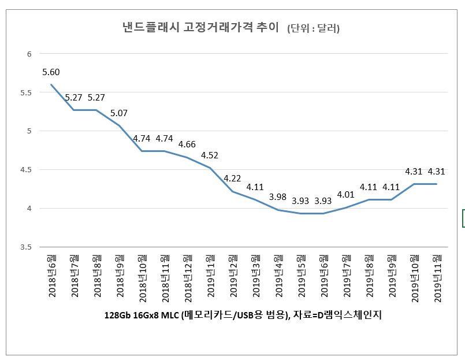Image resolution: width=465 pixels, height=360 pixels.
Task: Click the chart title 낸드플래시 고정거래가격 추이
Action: [x=201, y=28]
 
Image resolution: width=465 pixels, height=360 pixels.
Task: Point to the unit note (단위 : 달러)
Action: [x=313, y=28]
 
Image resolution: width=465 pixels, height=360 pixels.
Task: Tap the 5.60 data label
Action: [x=51, y=72]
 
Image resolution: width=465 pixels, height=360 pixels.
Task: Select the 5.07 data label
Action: [x=119, y=113]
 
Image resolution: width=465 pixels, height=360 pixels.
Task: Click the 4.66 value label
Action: [x=187, y=144]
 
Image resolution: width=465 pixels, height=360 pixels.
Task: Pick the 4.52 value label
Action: [x=210, y=155]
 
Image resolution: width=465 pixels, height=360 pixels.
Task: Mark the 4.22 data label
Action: [x=232, y=179]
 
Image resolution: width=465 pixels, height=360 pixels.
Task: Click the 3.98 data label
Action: [x=278, y=197]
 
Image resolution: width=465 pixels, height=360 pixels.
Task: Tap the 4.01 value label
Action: [x=346, y=195]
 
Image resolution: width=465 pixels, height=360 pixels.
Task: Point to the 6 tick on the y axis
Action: [x=29, y=54]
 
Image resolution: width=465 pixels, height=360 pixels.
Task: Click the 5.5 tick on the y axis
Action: [x=26, y=92]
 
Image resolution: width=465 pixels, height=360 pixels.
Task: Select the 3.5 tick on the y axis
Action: [x=26, y=247]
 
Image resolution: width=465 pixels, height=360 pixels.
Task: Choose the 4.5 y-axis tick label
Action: [x=26, y=170]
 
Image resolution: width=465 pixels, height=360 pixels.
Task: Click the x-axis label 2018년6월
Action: [x=52, y=276]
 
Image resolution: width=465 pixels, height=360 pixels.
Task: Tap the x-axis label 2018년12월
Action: [x=188, y=279]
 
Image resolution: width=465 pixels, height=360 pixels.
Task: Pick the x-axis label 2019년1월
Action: [x=211, y=276]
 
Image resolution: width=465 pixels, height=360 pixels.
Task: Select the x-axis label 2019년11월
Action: [x=438, y=279]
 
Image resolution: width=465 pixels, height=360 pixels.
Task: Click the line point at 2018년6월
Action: [x=51, y=84]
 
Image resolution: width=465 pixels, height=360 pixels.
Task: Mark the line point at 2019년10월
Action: [x=414, y=184]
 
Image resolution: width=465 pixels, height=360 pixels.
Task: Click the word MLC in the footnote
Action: [x=170, y=315]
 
